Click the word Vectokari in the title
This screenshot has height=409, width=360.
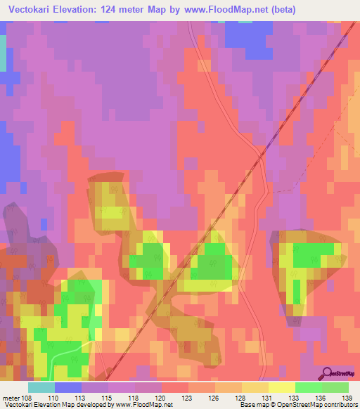pos(33,10)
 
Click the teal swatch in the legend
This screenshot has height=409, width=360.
pos(41,387)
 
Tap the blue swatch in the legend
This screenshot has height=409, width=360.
pos(68,387)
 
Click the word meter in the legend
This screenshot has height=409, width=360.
pos(11,397)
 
